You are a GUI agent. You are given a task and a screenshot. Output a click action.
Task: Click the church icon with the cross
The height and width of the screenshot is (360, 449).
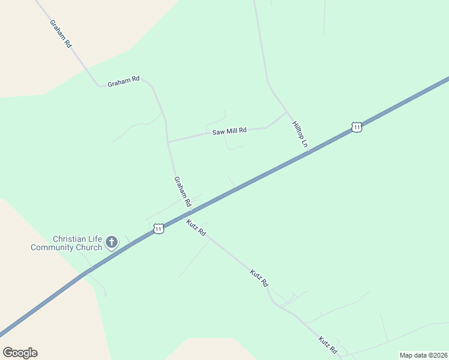point(111,242)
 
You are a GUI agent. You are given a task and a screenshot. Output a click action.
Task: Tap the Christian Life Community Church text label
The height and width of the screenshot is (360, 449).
point(66,243)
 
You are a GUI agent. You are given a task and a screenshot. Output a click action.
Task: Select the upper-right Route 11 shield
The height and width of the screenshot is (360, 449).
point(357,127)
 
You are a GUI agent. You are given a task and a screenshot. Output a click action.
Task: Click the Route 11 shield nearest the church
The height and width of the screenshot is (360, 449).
point(158,229)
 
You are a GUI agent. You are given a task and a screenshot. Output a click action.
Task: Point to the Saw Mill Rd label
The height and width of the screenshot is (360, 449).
point(229,131)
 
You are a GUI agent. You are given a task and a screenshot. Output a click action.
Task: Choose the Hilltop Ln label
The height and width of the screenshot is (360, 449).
point(300,134)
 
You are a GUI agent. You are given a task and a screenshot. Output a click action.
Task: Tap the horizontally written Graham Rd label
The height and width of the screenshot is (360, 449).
point(123,82)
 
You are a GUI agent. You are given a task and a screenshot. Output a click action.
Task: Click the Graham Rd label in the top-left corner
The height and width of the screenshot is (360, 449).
point(61,34)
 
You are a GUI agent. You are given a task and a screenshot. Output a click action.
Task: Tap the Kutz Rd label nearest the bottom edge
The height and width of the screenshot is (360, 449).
point(328,345)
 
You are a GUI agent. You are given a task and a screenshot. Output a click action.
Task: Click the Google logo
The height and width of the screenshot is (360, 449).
point(20,353)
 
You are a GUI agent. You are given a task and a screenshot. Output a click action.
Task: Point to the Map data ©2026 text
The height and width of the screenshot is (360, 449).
point(423,355)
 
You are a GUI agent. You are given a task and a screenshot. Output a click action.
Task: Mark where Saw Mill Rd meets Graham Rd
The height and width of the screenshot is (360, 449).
point(168,142)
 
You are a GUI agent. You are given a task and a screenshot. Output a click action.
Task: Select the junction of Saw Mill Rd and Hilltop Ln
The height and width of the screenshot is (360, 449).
point(286,112)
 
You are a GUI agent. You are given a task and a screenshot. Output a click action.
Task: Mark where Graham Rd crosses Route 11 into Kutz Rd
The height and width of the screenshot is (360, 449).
point(188,212)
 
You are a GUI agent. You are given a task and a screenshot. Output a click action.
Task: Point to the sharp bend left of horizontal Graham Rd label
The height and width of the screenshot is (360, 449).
point(100,86)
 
